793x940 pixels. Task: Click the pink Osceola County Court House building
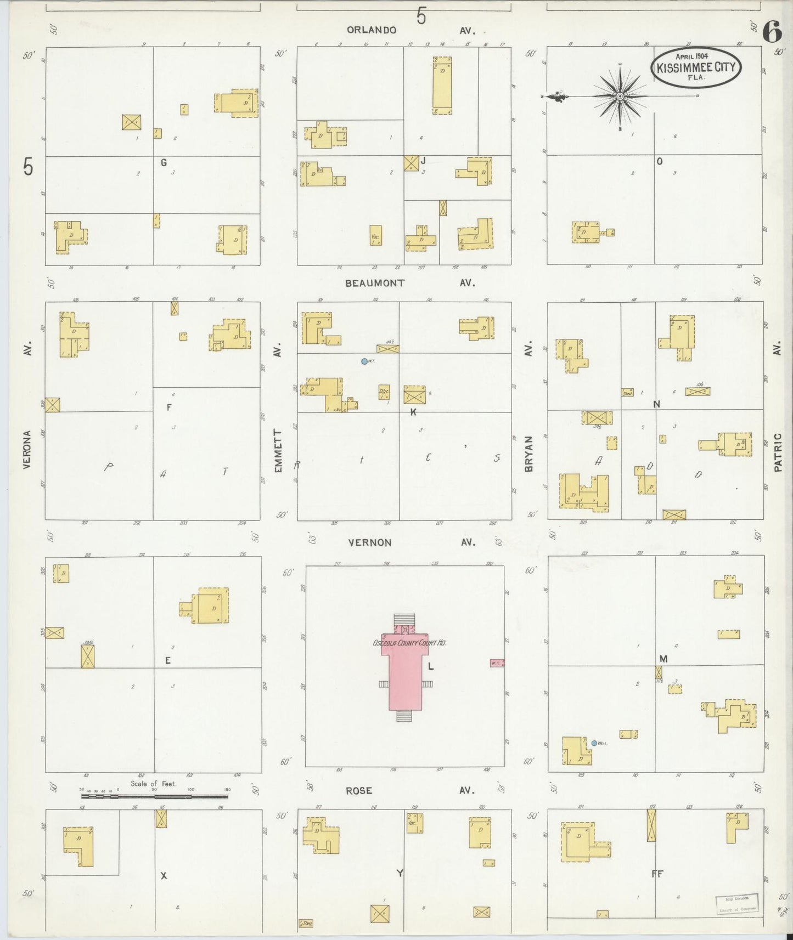coord(405,666)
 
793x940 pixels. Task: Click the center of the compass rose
coord(620,97)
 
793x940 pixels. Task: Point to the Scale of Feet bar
coord(154,796)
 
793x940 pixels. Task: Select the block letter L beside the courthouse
coord(431,666)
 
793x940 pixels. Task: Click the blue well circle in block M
coord(594,743)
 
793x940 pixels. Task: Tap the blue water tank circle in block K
coord(364,361)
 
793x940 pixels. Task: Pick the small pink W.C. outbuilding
coord(497,663)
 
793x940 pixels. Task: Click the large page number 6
coord(772,33)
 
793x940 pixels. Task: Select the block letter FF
coord(657,874)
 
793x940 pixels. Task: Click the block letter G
coord(164,162)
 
